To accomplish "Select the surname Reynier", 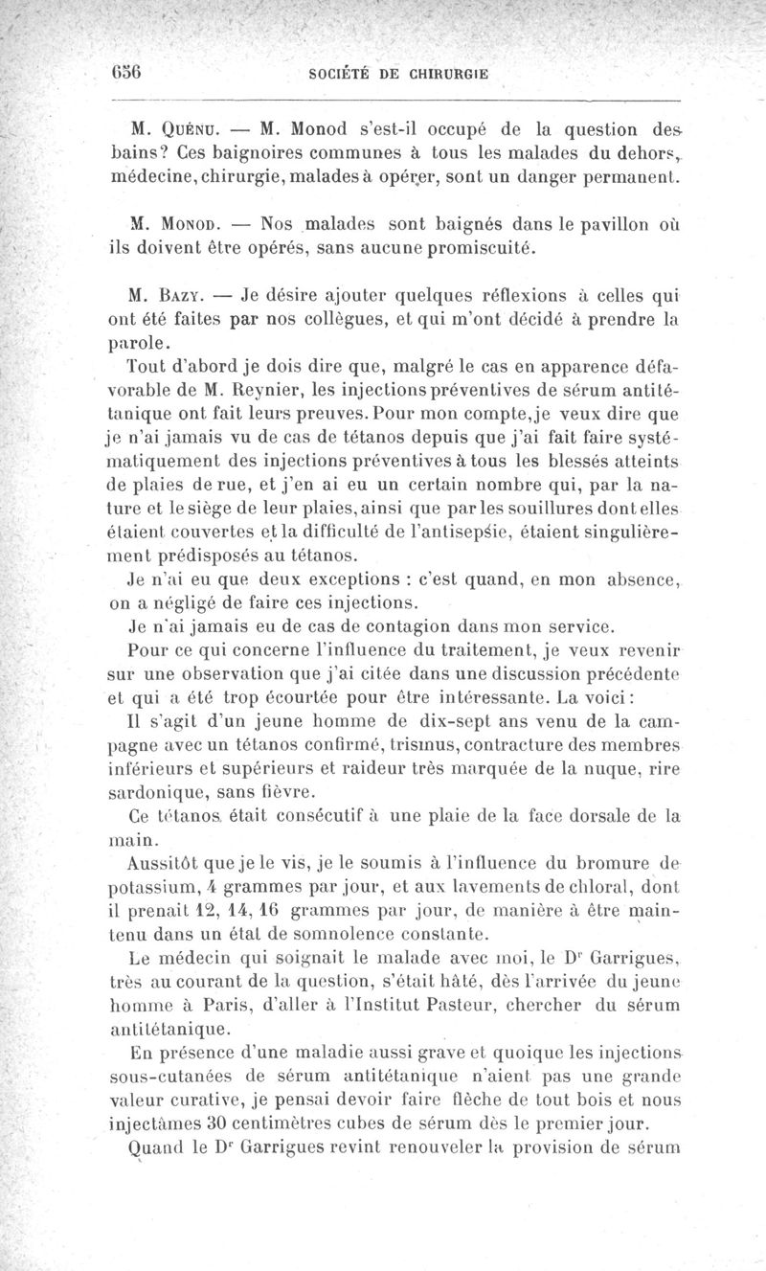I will (273, 389).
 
